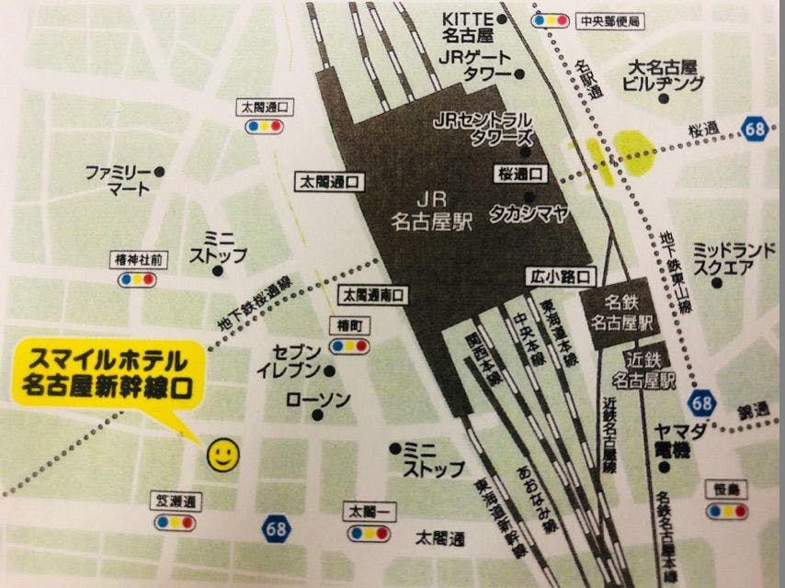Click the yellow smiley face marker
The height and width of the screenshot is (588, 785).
point(222,454)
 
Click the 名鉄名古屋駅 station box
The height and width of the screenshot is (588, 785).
point(622,315)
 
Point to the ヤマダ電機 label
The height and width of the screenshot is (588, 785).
point(680,443)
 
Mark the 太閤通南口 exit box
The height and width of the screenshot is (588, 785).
point(375,296)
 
